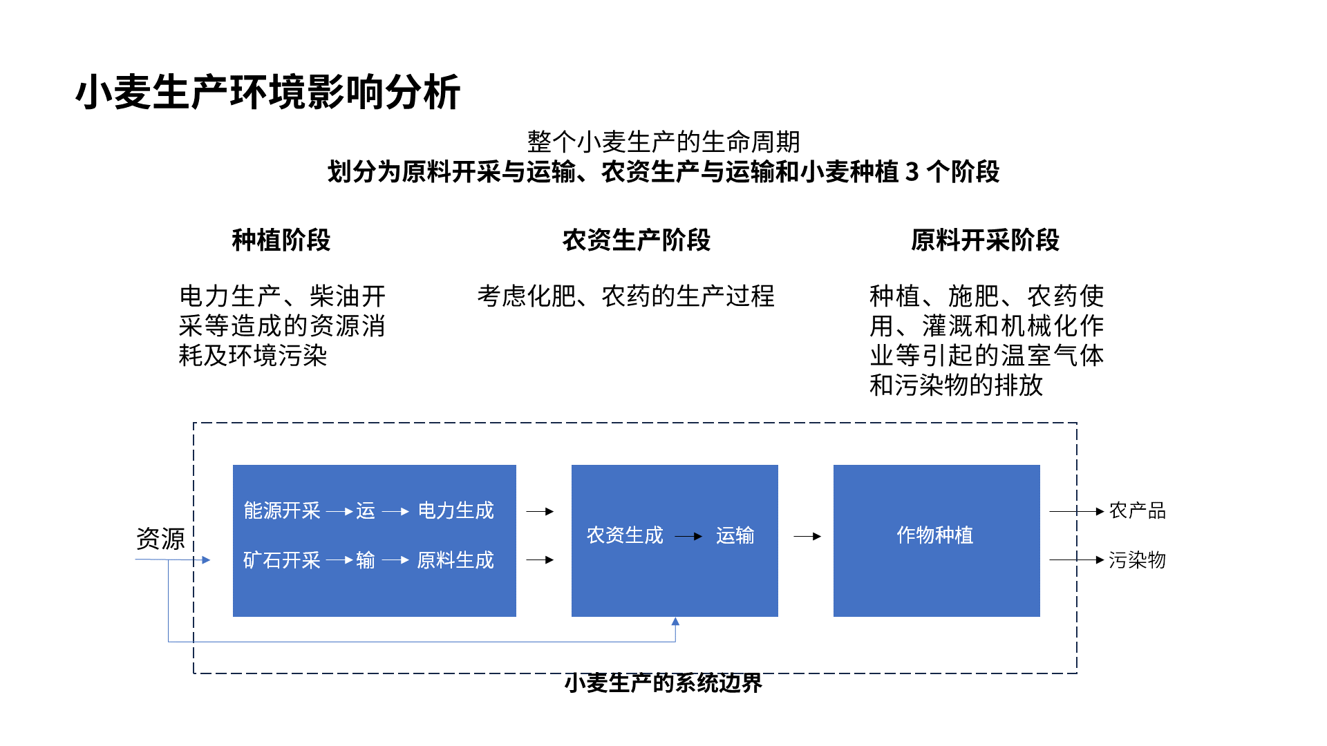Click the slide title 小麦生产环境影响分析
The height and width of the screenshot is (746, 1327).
point(268,92)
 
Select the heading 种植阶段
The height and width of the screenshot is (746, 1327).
point(281,240)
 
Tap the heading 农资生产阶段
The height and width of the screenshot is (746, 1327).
point(637,240)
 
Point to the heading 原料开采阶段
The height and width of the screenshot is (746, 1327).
point(985,240)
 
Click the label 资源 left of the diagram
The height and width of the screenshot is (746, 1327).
point(160,539)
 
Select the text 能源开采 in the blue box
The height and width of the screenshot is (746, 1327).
point(282,510)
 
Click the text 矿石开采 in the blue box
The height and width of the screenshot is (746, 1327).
point(282,560)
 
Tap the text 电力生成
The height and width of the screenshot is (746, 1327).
point(456,510)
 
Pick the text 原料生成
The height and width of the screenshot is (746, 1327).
point(456,560)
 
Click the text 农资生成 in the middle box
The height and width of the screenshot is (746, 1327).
point(625,535)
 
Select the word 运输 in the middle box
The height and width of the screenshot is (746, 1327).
point(735,535)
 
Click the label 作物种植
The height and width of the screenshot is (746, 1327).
point(935,535)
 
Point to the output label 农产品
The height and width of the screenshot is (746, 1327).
point(1138,511)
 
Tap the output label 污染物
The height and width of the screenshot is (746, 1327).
point(1138,560)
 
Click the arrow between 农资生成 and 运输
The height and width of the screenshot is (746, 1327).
point(688,536)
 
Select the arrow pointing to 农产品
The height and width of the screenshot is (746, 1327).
point(1077,512)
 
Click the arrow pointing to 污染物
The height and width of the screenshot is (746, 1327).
point(1077,560)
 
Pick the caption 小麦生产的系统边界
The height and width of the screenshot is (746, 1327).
point(663,683)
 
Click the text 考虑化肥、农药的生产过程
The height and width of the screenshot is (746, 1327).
point(626,296)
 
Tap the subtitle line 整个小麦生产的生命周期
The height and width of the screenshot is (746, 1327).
point(663,142)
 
